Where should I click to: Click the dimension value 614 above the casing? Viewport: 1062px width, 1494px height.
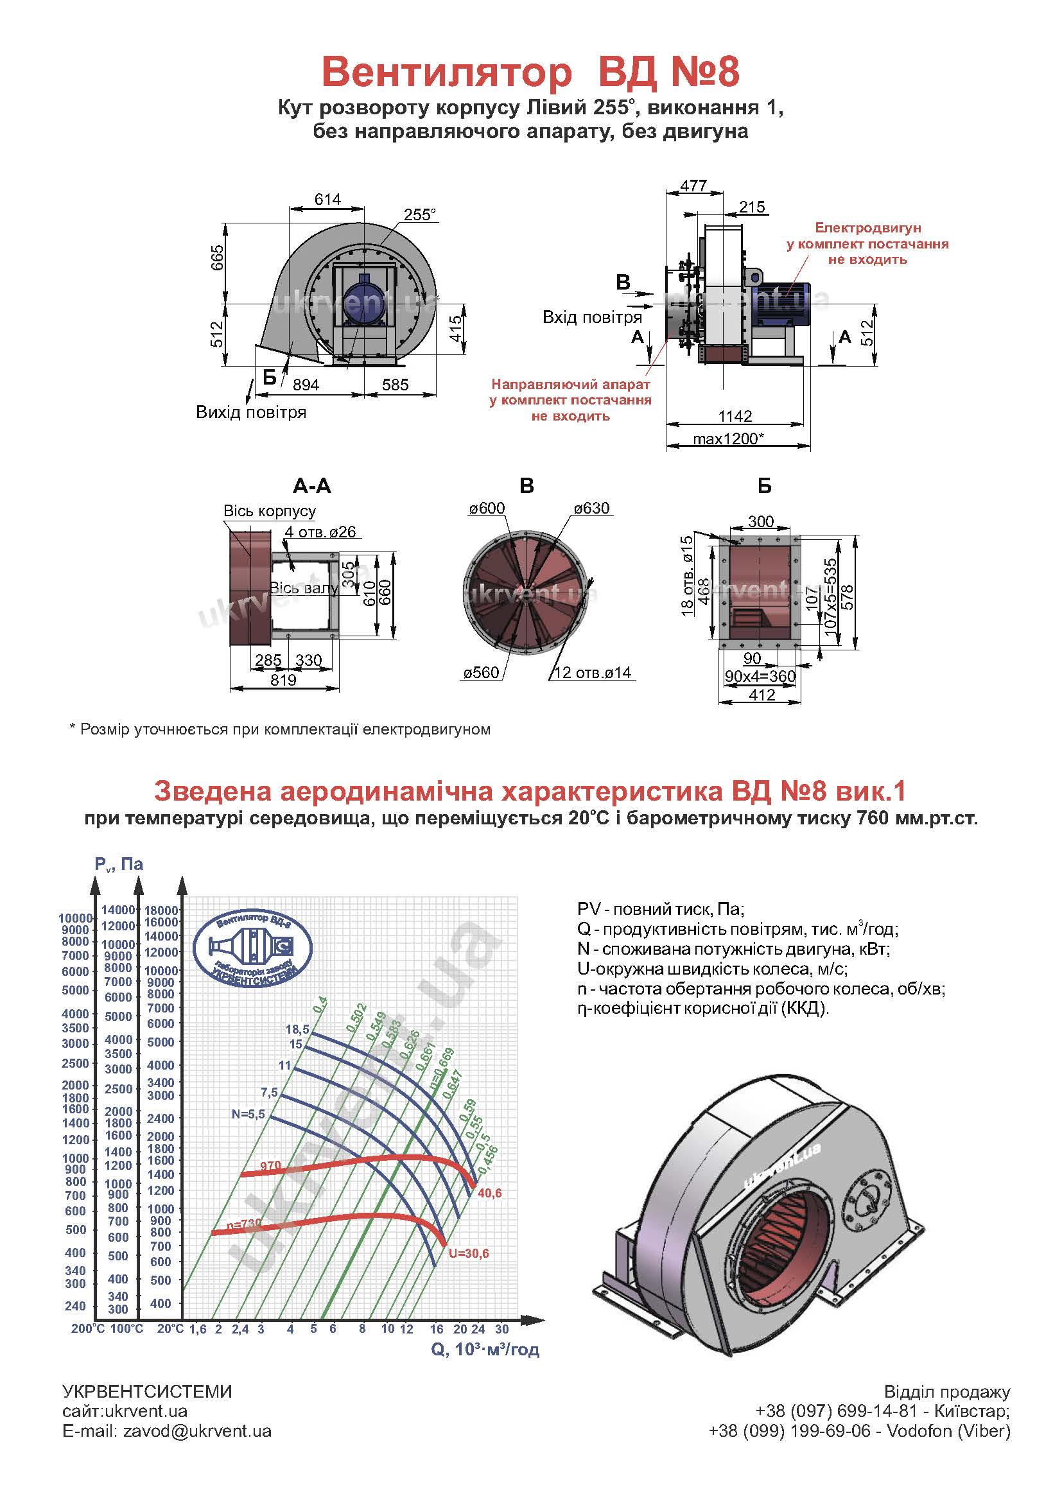[x=327, y=199]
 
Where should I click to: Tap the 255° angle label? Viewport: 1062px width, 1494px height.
[x=420, y=215]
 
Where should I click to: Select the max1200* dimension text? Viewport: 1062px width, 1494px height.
[x=729, y=438]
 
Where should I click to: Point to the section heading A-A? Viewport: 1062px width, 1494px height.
[x=312, y=486]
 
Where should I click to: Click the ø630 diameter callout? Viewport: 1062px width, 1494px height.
[x=591, y=508]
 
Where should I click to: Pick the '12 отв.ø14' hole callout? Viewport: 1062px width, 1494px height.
[x=593, y=673]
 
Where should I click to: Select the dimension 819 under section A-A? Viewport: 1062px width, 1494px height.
[x=283, y=680]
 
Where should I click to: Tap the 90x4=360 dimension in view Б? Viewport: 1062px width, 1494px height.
[x=760, y=676]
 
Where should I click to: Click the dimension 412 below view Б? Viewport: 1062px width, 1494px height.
[x=762, y=695]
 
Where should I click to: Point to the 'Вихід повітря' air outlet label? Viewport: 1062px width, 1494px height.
[x=251, y=413]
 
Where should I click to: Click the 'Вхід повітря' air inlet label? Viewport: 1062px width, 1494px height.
[x=592, y=318]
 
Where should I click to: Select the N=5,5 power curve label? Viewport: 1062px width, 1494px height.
[x=248, y=1114]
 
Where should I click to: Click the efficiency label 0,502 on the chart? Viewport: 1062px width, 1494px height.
[x=357, y=1018]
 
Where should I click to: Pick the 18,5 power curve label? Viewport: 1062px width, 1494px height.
[x=297, y=1029]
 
